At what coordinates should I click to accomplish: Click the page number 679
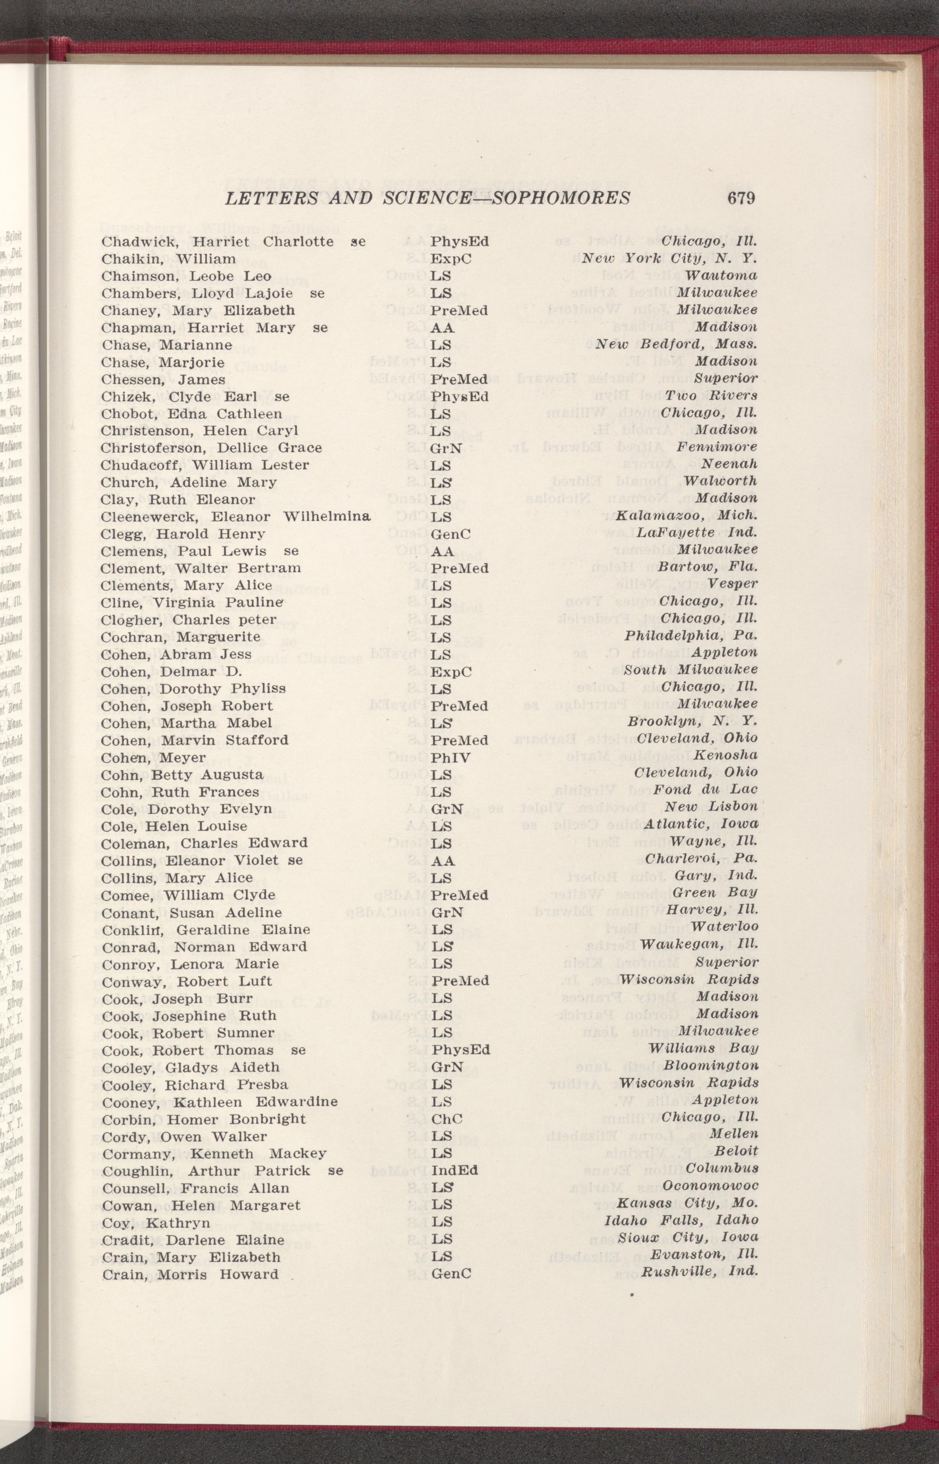pyautogui.click(x=740, y=198)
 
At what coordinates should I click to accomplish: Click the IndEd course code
pyautogui.click(x=454, y=1171)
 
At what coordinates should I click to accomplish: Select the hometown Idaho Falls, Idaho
pyautogui.click(x=681, y=1222)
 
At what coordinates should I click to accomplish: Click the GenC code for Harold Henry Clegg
pyautogui.click(x=451, y=534)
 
